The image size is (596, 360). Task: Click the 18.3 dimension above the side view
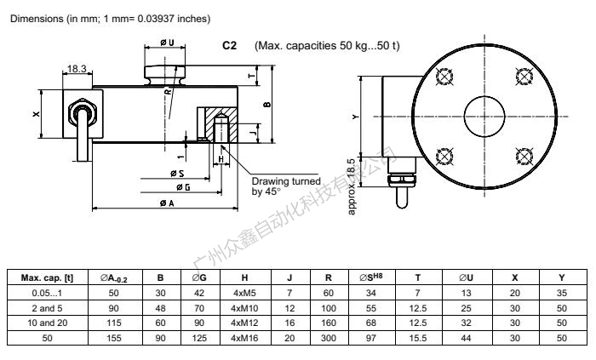pyautogui.click(x=77, y=69)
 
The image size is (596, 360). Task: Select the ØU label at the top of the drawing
pyautogui.click(x=167, y=43)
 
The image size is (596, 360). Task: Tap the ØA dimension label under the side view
pyautogui.click(x=167, y=203)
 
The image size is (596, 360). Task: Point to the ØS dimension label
pyautogui.click(x=177, y=174)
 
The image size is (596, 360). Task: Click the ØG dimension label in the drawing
pyautogui.click(x=183, y=187)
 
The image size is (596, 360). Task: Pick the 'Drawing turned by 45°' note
pyautogui.click(x=286, y=186)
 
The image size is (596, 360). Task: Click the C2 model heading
pyautogui.click(x=229, y=46)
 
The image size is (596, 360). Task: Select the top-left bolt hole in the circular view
pyautogui.click(x=444, y=77)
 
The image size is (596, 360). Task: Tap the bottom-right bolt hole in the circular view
pyautogui.click(x=524, y=156)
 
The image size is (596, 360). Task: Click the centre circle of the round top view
pyautogui.click(x=484, y=117)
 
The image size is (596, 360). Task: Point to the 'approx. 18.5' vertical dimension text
pyautogui.click(x=352, y=186)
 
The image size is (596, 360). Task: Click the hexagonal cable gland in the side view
pyautogui.click(x=83, y=113)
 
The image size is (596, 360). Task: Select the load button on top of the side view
pyautogui.click(x=164, y=75)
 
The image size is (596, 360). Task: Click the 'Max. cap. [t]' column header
pyautogui.click(x=47, y=278)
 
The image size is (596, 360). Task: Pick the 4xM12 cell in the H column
pyautogui.click(x=244, y=323)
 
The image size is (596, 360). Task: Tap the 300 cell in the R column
pyautogui.click(x=329, y=338)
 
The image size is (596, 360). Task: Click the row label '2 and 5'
pyautogui.click(x=47, y=308)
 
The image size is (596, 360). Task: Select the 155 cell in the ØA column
pyautogui.click(x=113, y=338)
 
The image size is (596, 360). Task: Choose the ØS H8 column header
pyautogui.click(x=371, y=277)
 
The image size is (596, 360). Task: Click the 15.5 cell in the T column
pyautogui.click(x=418, y=338)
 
